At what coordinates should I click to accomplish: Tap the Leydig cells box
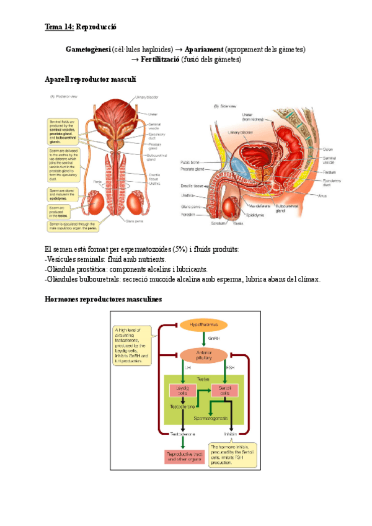(x=182, y=391)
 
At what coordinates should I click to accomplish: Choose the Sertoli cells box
(x=221, y=391)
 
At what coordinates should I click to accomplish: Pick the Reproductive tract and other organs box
(x=184, y=457)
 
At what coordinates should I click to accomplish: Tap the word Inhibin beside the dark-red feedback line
(x=231, y=434)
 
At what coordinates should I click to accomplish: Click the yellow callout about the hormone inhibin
(x=232, y=455)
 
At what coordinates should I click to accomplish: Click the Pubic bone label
(x=189, y=163)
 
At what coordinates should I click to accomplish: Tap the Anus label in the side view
(x=322, y=195)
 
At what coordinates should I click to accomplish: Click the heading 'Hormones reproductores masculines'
(x=104, y=299)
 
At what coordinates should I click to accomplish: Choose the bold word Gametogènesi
(x=87, y=49)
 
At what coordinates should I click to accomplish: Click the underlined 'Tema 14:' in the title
(x=60, y=27)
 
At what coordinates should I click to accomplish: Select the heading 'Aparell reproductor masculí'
(x=91, y=79)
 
